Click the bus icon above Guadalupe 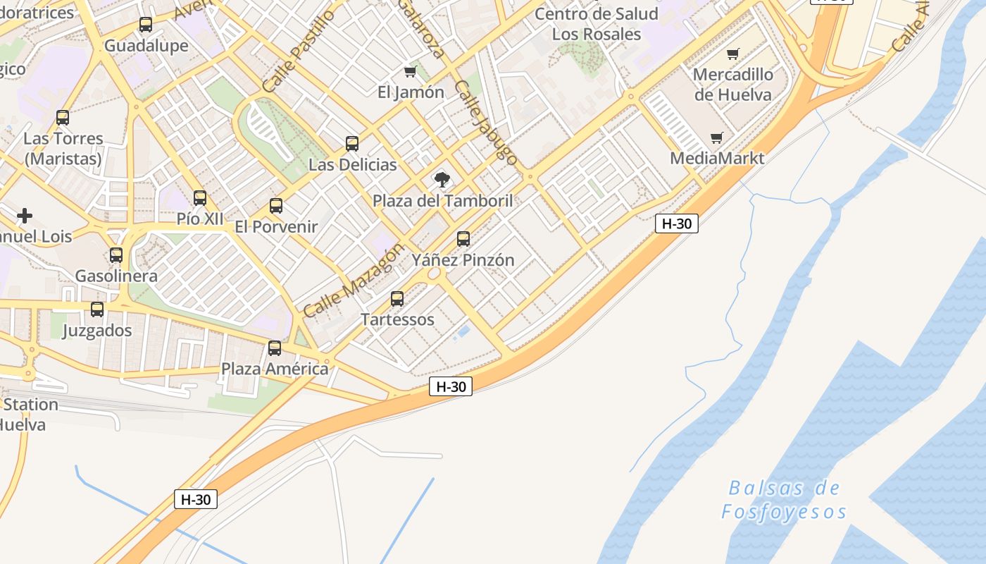click(146, 25)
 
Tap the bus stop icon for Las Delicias click(352, 144)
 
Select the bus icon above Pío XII click(200, 198)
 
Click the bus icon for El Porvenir click(276, 206)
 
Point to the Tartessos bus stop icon click(397, 299)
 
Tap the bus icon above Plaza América click(275, 348)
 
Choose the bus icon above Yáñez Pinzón click(463, 239)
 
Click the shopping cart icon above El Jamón click(411, 71)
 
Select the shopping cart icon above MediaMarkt click(717, 137)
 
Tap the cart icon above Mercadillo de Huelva click(733, 54)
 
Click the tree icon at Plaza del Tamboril click(442, 180)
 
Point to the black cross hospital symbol click(25, 215)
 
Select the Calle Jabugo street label click(487, 122)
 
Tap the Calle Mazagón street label click(354, 279)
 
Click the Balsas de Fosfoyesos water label click(784, 499)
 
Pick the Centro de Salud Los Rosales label click(597, 23)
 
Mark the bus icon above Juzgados click(97, 309)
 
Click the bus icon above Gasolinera click(116, 255)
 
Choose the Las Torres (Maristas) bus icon click(63, 118)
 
